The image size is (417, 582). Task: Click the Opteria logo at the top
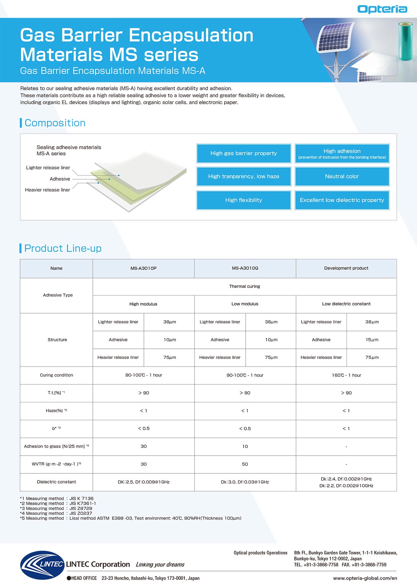[x=382, y=9]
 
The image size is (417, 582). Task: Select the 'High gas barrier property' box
[x=244, y=153]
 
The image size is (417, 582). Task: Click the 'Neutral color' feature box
[x=342, y=176]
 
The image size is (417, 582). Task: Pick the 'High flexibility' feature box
[x=244, y=200]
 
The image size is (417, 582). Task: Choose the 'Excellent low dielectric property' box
[x=342, y=200]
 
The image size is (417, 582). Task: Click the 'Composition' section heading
[x=55, y=123]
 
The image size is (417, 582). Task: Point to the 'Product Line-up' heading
[x=63, y=248]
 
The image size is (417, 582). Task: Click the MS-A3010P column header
[x=144, y=268]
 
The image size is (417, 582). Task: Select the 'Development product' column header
[x=346, y=268]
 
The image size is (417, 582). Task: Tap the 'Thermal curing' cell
[x=244, y=286]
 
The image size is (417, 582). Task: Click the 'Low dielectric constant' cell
[x=346, y=304]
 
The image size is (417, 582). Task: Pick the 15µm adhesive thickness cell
[x=372, y=340]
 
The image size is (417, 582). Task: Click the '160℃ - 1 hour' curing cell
[x=346, y=375]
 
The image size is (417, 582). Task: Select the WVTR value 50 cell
[x=245, y=464]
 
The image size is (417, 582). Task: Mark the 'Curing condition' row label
[x=56, y=375]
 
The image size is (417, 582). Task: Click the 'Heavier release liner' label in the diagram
[x=48, y=190]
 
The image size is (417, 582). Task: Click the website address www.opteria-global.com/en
[x=365, y=578]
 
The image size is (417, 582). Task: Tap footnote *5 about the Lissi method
[x=131, y=518]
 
